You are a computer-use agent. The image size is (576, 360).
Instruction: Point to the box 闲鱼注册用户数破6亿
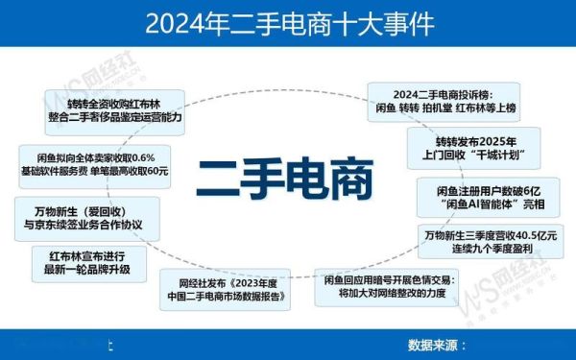coord(489,197)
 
